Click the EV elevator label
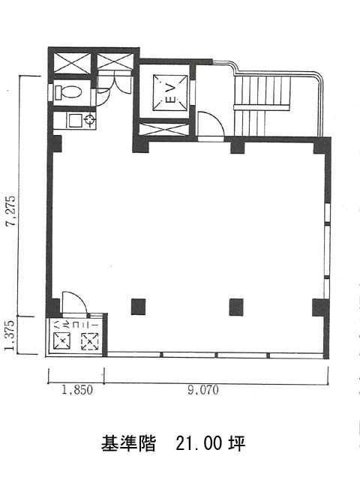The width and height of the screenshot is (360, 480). (170, 92)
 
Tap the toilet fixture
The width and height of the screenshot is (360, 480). (68, 92)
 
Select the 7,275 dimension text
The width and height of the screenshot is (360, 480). (11, 211)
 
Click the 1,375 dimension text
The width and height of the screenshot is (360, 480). (10, 335)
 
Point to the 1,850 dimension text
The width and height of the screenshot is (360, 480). (76, 390)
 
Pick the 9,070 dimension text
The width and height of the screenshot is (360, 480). (203, 390)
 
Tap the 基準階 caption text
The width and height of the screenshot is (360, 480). (128, 443)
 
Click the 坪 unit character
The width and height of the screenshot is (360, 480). (236, 443)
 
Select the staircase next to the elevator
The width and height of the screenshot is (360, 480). (261, 106)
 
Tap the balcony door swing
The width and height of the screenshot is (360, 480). (74, 303)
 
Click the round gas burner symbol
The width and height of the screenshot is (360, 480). (90, 120)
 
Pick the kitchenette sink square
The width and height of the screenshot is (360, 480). (75, 121)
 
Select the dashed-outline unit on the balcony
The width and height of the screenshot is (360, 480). (89, 341)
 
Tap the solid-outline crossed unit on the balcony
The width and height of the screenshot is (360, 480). (62, 340)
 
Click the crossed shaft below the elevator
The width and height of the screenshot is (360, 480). (163, 129)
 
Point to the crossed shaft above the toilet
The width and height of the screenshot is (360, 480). (72, 63)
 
